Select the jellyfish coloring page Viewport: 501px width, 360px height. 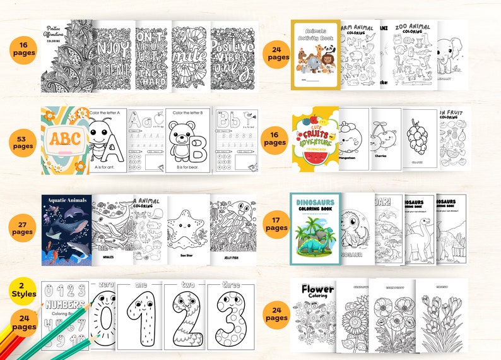click(x=233, y=229)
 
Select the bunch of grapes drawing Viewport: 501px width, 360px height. click(x=419, y=141)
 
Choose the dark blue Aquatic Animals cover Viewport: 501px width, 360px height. click(x=67, y=229)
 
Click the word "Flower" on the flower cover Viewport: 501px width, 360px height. click(x=317, y=290)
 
